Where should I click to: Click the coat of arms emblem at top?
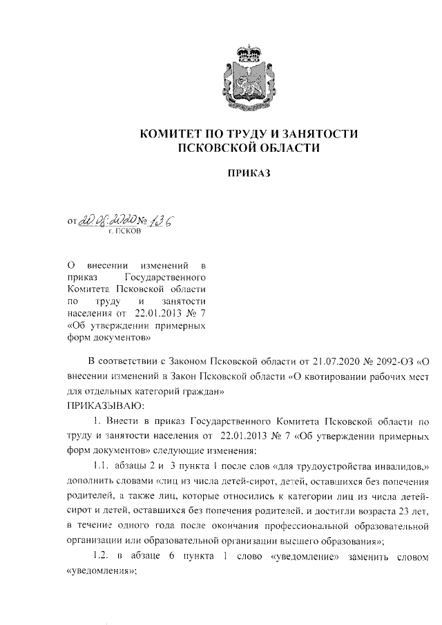coord(250,81)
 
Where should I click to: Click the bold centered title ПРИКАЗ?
coord(250,174)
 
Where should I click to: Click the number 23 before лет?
coord(399,511)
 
